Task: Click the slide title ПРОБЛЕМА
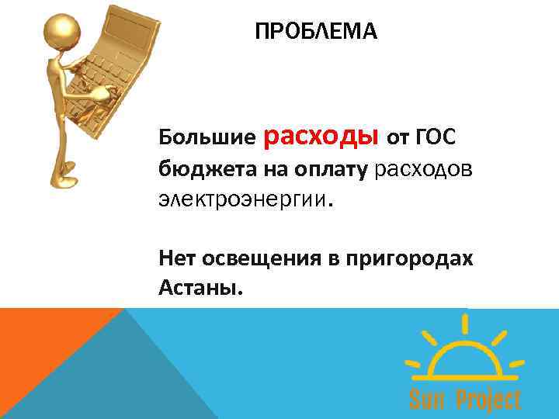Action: pyautogui.click(x=316, y=32)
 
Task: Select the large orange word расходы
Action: pyautogui.click(x=321, y=135)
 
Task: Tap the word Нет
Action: pyautogui.click(x=175, y=258)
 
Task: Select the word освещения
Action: pyautogui.click(x=257, y=258)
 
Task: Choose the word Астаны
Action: pyautogui.click(x=199, y=289)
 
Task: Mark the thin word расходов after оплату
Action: pyautogui.click(x=422, y=168)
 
